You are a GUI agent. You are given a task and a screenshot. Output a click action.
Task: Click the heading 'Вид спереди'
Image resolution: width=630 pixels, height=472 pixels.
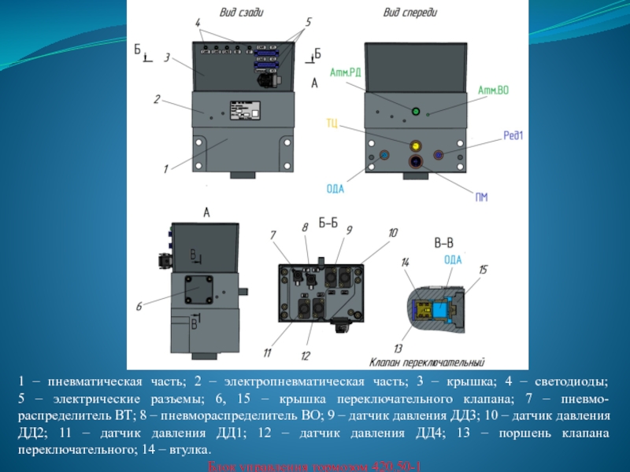coord(409,13)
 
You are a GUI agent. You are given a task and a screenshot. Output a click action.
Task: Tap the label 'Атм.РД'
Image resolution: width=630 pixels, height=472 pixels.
coord(345,71)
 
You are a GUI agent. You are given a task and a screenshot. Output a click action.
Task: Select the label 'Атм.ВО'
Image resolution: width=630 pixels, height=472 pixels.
coord(493,90)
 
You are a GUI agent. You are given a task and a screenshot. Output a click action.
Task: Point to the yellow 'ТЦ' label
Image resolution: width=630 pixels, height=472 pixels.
coord(332,123)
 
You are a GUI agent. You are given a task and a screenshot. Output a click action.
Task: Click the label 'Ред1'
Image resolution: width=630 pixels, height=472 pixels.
coord(514,135)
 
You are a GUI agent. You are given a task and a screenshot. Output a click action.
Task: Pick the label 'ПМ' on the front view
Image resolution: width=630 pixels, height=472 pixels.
coord(480,196)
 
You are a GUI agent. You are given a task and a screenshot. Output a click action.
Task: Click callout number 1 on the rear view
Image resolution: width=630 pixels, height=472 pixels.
coord(166,168)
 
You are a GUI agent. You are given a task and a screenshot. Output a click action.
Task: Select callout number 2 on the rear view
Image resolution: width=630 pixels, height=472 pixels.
coord(157,100)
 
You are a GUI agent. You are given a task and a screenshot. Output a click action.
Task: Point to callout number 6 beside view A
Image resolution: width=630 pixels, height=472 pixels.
coord(139,306)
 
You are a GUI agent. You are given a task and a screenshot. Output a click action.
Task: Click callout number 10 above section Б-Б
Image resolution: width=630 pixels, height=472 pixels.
coord(393,233)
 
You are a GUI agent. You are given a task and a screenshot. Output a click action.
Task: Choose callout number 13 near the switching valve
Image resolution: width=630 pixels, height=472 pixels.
coord(398,348)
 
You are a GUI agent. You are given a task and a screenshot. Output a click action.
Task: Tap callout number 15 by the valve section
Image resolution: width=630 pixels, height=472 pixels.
coord(483,270)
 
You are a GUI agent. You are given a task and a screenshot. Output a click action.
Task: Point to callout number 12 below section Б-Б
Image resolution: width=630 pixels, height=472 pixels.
coord(306,355)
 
